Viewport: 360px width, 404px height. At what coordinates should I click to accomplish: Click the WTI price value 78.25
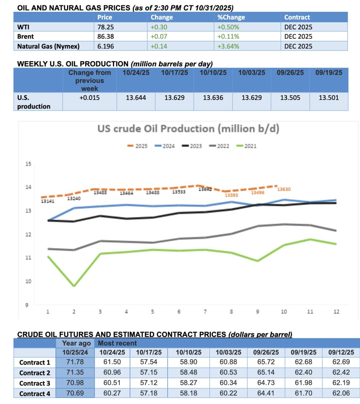coord(106,27)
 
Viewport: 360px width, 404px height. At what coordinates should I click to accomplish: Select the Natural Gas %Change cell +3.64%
coord(228,46)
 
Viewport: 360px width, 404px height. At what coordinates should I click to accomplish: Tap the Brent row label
coord(26,36)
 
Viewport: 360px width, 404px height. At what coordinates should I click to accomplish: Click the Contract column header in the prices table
coord(297,17)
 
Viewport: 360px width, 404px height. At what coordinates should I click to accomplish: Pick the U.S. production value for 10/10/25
coord(213,98)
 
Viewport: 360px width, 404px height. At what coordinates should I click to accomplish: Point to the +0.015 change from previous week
coord(89,98)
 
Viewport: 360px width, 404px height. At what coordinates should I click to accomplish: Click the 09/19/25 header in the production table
coord(329,72)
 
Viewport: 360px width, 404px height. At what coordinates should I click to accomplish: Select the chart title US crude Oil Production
coord(188,129)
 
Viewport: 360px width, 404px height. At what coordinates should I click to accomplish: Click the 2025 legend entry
coord(138,146)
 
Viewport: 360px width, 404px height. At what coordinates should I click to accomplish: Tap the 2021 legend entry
coord(247,146)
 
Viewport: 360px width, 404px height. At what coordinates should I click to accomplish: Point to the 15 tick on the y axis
coord(28,164)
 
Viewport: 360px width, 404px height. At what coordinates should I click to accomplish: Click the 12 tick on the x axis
coord(336,312)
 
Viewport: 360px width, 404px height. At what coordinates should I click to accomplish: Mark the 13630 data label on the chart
coord(284,189)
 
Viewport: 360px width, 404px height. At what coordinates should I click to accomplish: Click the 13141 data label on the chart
coord(48,201)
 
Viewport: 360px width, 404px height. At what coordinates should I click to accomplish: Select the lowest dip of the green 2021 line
coord(74,286)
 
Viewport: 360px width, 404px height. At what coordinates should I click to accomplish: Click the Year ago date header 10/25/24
coord(75,352)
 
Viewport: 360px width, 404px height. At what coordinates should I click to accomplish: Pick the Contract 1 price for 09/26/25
coord(266,362)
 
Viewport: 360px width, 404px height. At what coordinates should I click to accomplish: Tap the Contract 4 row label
coord(35,394)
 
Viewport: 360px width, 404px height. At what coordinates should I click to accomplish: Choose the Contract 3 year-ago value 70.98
coord(75,383)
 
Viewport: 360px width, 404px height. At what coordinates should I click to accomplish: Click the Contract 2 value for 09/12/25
coord(341,372)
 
